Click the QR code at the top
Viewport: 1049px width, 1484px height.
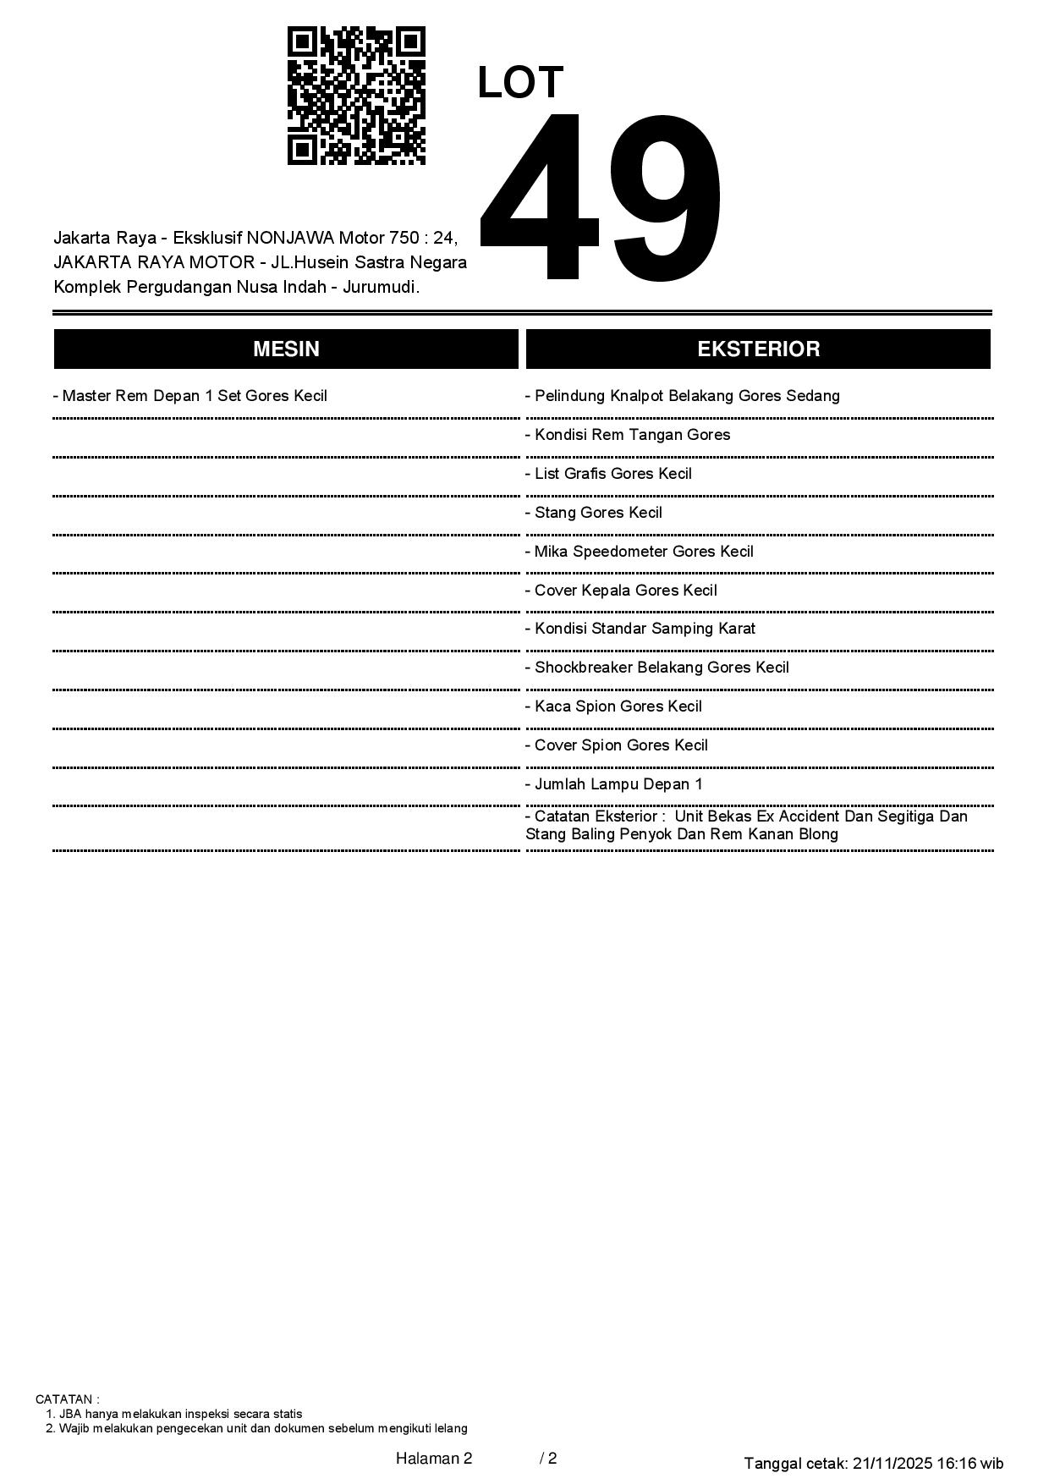(x=356, y=96)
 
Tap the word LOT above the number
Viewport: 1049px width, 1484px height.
(x=520, y=83)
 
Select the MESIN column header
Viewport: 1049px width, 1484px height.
(x=286, y=349)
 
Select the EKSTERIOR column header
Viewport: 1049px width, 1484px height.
(x=758, y=349)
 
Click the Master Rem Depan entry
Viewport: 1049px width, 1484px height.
(x=190, y=396)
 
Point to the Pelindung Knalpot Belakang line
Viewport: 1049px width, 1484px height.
(x=683, y=396)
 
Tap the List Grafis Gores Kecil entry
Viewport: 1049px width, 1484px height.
(x=609, y=474)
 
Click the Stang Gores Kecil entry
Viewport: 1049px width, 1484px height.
(x=594, y=513)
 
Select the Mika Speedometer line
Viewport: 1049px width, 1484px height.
(x=640, y=552)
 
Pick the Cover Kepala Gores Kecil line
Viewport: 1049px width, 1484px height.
(x=622, y=591)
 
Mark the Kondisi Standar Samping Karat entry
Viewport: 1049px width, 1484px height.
(x=640, y=629)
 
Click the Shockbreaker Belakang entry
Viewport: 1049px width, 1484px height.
(x=657, y=668)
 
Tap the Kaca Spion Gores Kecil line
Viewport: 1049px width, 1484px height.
(x=614, y=706)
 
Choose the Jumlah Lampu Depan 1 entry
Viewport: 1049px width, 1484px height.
(x=614, y=784)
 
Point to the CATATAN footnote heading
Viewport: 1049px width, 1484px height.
(x=68, y=1399)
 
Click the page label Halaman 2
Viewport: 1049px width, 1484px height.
(x=434, y=1458)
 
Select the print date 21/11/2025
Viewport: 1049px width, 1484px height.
(x=892, y=1463)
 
